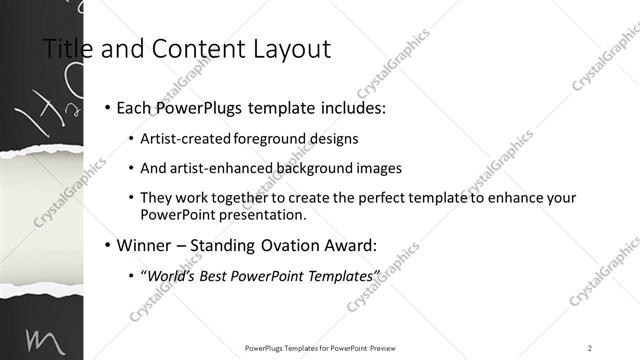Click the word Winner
coord(146,245)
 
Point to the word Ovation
coord(295,245)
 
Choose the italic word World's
coord(175,275)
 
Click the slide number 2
coord(589,348)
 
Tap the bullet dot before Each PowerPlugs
coord(106,108)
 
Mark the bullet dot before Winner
coord(106,245)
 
